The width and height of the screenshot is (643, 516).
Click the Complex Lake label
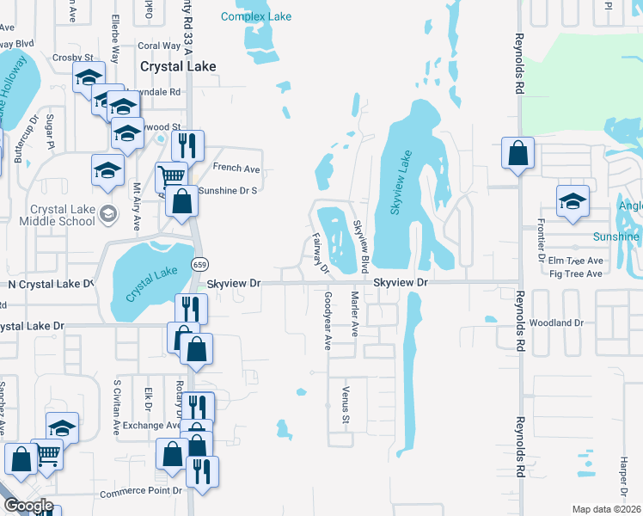coord(256,16)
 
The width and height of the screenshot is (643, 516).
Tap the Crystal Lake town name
coord(178,66)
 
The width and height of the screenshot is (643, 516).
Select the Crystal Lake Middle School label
coord(62,215)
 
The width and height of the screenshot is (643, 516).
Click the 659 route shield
coord(199,264)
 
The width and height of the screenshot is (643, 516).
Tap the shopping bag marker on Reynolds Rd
coord(517,155)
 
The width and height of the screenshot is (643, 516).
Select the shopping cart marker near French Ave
coord(171,176)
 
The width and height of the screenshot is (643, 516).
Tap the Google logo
coord(28,506)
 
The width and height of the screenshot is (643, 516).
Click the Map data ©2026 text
coord(607,509)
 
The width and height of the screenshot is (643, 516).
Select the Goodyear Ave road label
coord(328,320)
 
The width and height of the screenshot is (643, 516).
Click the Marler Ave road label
coord(354,315)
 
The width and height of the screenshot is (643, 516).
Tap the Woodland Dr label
coord(557,323)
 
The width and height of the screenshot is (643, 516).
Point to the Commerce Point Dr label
coord(142,493)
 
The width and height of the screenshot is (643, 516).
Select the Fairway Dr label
coord(320,253)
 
